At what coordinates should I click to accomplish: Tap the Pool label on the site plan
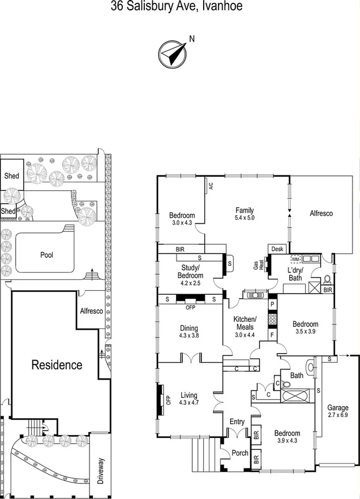[47, 254]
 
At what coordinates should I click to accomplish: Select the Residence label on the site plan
[57, 365]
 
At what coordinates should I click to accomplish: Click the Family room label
[245, 211]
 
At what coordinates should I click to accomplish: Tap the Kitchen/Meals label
[245, 323]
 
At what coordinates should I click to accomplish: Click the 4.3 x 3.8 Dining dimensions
[189, 336]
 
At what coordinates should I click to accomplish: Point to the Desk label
[277, 249]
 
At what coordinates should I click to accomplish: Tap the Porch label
[240, 453]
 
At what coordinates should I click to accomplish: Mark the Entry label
[237, 422]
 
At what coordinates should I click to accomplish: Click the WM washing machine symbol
[296, 260]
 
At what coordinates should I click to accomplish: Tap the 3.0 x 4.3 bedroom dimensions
[181, 223]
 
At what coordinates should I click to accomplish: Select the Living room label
[188, 395]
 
